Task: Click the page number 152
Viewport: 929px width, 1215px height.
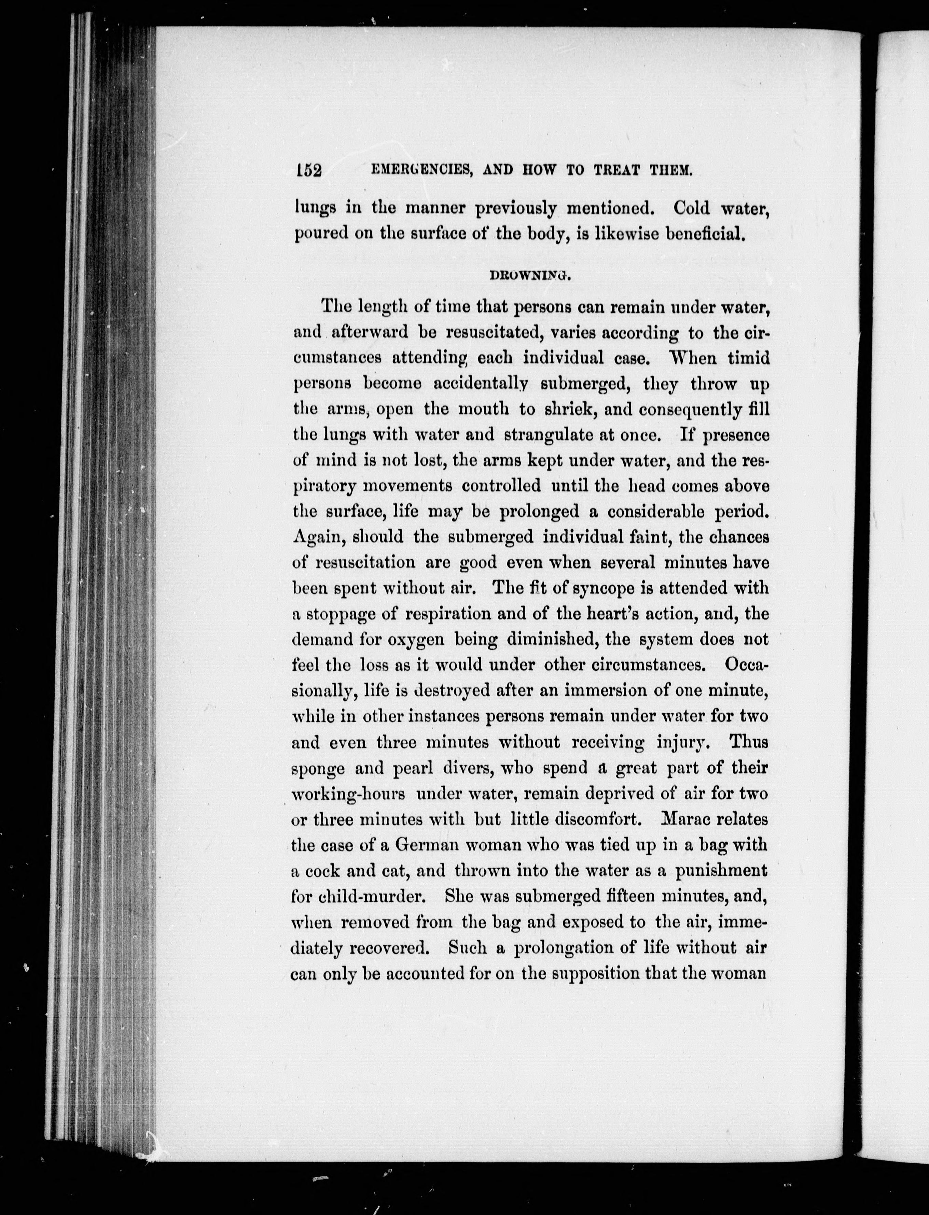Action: pos(308,170)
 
